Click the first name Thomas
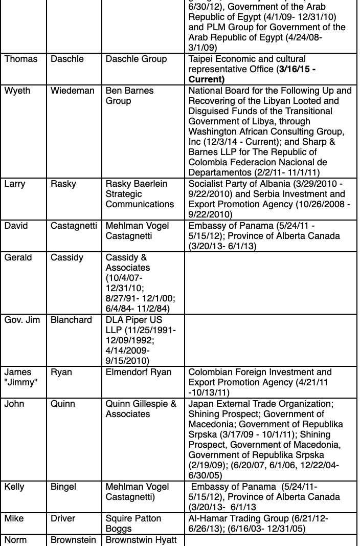(x=21, y=59)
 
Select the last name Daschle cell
(x=66, y=59)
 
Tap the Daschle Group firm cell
(x=136, y=59)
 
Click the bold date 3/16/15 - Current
(x=252, y=75)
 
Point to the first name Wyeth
(x=17, y=91)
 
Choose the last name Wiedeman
(x=73, y=91)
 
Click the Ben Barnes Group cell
(x=129, y=96)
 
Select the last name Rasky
(x=64, y=184)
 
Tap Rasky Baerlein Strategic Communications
(x=140, y=194)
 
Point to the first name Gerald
(x=18, y=258)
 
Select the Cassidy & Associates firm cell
(x=128, y=263)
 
